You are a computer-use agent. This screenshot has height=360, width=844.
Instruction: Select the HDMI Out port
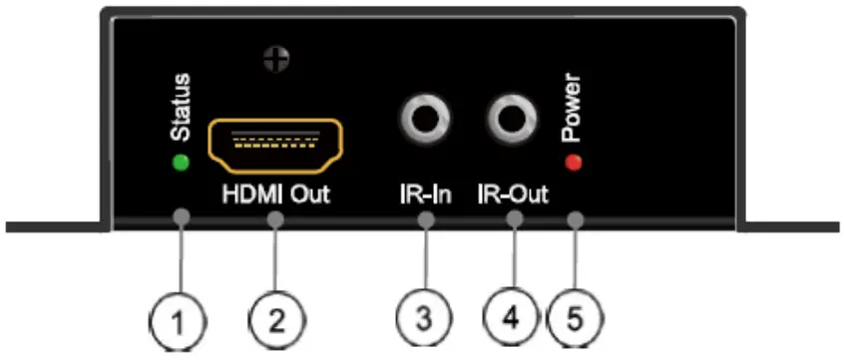coord(274,146)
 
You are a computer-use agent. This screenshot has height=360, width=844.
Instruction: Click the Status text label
coord(182,109)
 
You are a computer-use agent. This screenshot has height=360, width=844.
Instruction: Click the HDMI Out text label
coord(273,192)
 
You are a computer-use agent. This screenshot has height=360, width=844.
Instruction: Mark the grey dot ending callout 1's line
coord(182,216)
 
